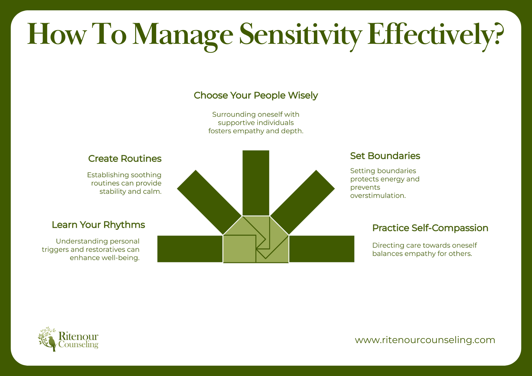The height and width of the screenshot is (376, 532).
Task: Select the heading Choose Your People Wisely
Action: [x=256, y=95]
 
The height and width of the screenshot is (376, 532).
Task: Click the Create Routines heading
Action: [x=125, y=159]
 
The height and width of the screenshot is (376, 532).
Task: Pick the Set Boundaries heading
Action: [x=385, y=156]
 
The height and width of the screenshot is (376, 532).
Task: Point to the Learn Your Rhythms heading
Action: [x=98, y=225]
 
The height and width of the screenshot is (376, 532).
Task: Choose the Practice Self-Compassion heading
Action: [x=430, y=228]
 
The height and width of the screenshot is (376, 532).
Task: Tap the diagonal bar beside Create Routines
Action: [x=209, y=202]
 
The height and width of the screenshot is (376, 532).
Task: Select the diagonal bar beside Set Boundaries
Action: [x=302, y=202]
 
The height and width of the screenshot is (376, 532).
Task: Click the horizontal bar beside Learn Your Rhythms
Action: [x=190, y=249]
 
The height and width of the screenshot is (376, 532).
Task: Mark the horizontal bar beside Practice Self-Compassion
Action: [x=322, y=249]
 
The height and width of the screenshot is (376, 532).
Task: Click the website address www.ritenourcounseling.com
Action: [x=425, y=340]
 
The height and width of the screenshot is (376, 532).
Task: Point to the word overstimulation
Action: [x=378, y=196]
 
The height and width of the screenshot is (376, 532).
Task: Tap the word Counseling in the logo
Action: [x=78, y=345]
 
